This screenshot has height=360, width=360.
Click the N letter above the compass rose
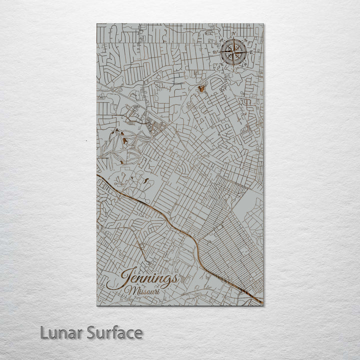click(234, 33)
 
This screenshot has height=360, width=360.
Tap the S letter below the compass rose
click(233, 70)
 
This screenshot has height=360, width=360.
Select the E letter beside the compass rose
click(252, 52)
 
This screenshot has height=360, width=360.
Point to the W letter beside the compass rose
click(215, 51)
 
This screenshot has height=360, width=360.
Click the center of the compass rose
click(233, 51)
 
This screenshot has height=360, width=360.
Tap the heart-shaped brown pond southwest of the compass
click(201, 89)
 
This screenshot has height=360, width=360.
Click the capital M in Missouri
click(130, 291)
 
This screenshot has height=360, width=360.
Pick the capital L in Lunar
click(44, 333)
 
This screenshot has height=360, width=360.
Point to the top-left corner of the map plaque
click(97, 24)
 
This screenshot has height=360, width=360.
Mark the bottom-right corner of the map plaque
click(263, 305)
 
